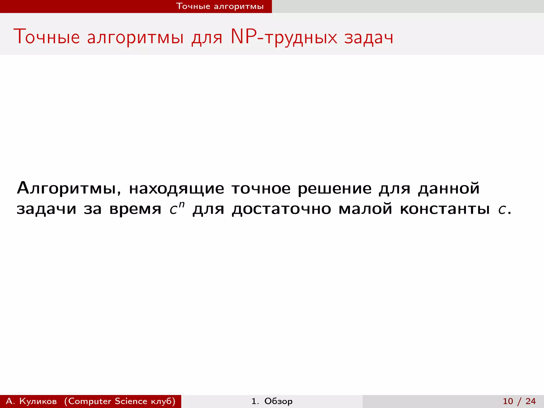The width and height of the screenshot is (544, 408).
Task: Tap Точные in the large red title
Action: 46,37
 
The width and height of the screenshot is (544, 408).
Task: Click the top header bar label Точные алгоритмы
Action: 220,6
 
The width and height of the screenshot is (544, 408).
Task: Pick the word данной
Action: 449,189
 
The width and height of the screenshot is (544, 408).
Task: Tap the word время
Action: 135,209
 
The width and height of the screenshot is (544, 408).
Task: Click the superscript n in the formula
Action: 182,205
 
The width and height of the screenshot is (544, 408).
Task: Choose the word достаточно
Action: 282,209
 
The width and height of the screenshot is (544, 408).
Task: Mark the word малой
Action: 365,209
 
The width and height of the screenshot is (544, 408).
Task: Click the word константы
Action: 445,209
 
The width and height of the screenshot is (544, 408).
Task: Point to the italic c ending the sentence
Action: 502,210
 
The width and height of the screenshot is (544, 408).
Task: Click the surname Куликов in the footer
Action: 38,401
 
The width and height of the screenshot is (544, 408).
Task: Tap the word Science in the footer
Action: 131,401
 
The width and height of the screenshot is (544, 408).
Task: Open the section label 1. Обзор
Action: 272,401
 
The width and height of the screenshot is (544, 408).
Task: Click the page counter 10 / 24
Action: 519,401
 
